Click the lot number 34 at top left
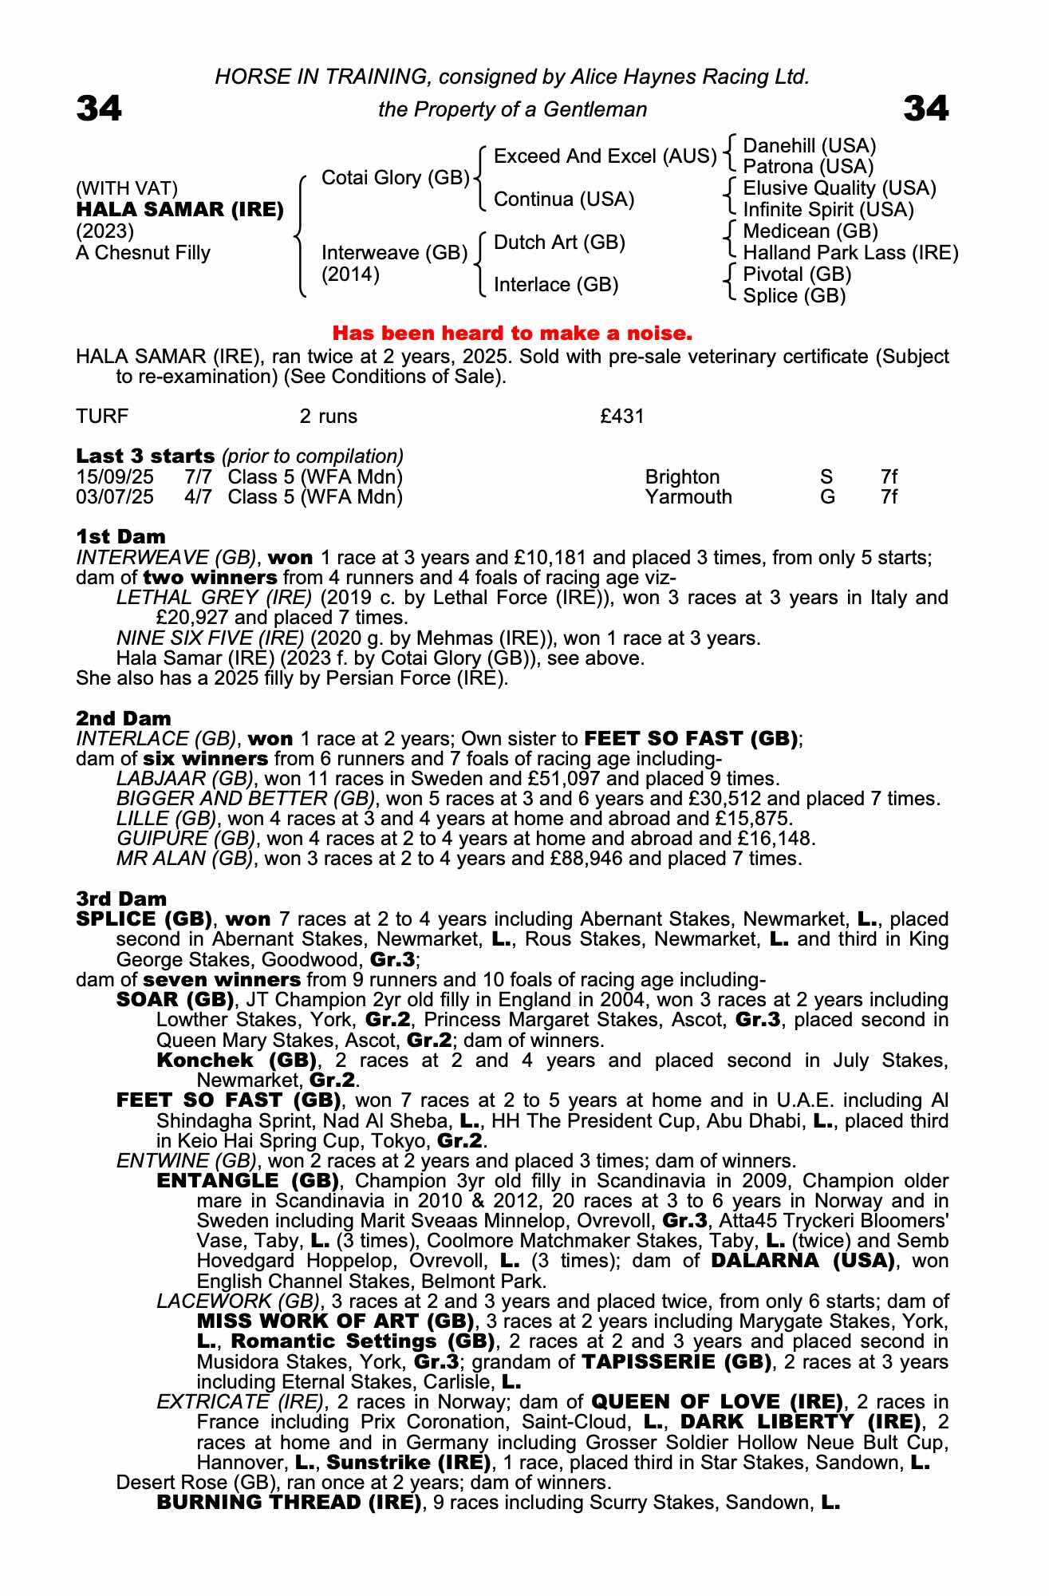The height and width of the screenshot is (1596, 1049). [99, 109]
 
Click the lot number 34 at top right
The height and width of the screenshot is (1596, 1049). [925, 109]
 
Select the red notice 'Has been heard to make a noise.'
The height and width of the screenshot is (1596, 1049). [512, 332]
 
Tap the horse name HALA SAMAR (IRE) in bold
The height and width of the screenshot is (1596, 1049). [180, 210]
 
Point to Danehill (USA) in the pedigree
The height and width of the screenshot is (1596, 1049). [809, 146]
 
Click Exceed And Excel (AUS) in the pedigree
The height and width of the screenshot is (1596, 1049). [605, 156]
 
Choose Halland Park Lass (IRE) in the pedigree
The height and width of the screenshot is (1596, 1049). [850, 253]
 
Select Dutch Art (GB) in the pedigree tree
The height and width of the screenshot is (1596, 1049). [559, 243]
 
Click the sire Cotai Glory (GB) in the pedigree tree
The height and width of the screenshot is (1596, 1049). [395, 178]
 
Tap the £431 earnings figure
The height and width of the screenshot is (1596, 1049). [621, 417]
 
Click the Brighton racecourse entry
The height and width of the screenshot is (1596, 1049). [682, 477]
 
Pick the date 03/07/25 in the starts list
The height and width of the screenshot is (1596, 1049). [115, 497]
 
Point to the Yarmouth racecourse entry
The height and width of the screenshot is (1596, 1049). [688, 497]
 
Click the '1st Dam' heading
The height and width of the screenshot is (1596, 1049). [120, 536]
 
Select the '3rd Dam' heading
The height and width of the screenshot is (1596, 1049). [121, 899]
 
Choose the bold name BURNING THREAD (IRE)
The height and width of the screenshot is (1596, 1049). [289, 1503]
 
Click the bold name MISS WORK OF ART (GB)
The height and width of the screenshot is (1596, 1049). [335, 1322]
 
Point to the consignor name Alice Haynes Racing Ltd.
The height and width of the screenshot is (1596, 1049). [690, 77]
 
